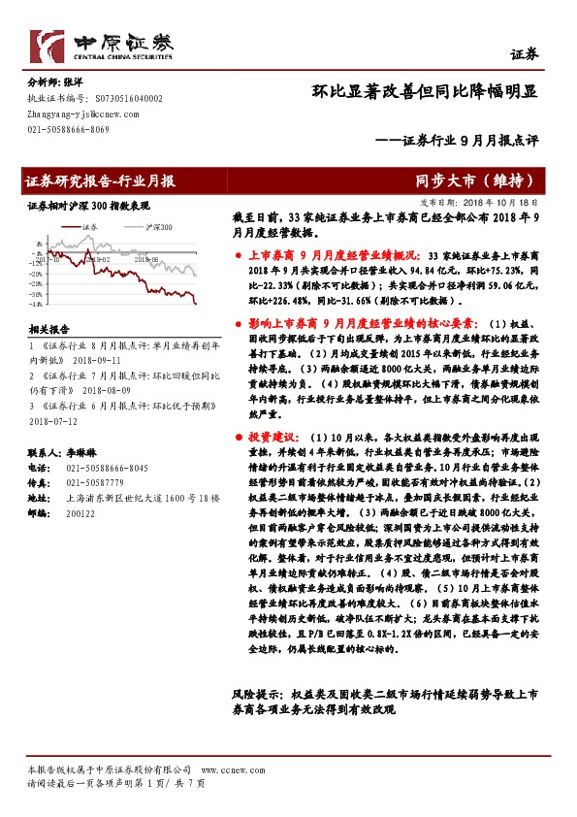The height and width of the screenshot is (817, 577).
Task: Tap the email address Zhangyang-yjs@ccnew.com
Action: (x=80, y=113)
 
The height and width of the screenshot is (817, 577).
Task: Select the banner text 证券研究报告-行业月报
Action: (x=101, y=180)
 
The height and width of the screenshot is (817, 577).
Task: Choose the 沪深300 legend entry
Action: (x=157, y=225)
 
